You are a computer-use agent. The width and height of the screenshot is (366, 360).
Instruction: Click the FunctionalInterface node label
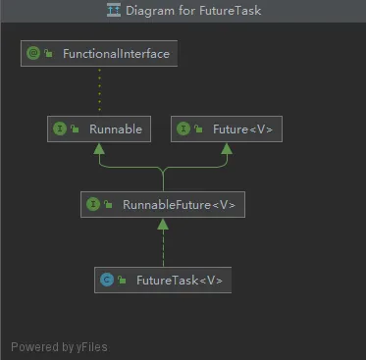(x=116, y=54)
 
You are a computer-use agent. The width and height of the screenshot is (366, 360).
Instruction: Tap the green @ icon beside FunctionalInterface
(x=33, y=53)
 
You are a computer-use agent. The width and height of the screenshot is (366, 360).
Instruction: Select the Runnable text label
(x=116, y=129)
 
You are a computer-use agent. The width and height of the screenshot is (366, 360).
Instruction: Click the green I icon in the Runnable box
(x=60, y=129)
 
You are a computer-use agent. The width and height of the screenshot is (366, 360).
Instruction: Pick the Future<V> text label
(x=242, y=129)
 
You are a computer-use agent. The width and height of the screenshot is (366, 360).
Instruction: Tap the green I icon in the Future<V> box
(x=183, y=129)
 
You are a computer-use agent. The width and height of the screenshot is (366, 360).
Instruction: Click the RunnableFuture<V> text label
(x=179, y=205)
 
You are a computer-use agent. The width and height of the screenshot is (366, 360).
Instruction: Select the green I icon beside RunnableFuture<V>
(x=93, y=204)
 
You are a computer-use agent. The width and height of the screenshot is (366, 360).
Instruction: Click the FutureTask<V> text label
(x=180, y=281)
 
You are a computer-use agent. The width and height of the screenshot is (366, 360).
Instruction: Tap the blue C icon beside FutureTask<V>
(x=107, y=280)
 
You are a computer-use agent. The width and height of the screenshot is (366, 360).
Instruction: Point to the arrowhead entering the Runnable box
(x=99, y=149)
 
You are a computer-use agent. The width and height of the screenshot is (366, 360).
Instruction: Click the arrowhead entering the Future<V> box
(x=227, y=149)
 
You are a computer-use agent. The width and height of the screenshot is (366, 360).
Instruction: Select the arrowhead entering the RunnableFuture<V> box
(x=163, y=225)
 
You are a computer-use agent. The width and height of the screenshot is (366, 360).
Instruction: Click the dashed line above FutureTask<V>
(x=163, y=248)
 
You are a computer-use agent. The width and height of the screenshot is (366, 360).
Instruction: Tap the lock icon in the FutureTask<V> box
(x=122, y=280)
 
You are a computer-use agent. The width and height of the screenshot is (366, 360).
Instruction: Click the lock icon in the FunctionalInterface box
(x=49, y=53)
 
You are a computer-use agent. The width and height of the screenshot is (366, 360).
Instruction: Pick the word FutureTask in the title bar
(x=231, y=11)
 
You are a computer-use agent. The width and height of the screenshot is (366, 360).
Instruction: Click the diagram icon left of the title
(x=114, y=10)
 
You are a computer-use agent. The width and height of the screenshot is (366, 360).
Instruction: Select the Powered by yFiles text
(x=59, y=347)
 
